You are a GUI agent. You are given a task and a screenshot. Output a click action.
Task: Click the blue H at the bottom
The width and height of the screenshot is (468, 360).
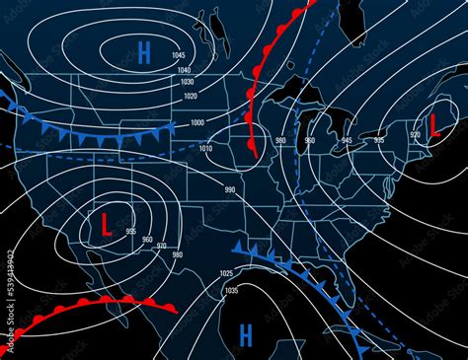point(246,334)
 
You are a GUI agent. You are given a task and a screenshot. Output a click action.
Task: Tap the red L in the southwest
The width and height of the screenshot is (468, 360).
point(105,224)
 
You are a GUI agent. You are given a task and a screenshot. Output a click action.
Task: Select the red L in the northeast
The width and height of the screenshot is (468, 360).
point(432,122)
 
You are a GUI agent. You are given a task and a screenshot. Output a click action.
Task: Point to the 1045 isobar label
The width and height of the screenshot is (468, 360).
point(179,54)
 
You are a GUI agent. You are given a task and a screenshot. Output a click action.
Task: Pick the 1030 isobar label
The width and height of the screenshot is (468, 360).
point(189,82)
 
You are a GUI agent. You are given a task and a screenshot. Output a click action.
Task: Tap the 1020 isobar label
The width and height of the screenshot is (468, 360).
point(190,96)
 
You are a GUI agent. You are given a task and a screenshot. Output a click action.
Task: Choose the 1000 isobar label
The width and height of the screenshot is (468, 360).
point(197,121)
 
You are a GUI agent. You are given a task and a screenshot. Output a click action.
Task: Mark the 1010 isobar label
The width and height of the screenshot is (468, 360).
point(205,148)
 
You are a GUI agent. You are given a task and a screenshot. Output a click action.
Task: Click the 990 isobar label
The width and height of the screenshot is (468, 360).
point(230,189)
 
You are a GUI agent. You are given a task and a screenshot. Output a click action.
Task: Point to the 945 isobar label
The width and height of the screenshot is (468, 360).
point(347,141)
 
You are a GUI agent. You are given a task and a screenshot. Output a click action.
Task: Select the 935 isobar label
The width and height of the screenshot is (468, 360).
point(379,141)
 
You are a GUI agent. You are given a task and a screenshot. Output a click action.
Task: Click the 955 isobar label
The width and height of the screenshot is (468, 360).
point(132,231)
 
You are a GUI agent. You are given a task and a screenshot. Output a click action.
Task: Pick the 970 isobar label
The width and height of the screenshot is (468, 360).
point(163,247)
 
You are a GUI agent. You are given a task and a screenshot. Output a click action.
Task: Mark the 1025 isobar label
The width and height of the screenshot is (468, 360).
point(226,273)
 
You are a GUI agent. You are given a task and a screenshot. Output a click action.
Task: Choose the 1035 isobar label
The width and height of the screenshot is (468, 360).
point(232,290)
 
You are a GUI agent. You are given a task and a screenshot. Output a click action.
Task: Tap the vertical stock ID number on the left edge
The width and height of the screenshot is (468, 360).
point(10,291)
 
